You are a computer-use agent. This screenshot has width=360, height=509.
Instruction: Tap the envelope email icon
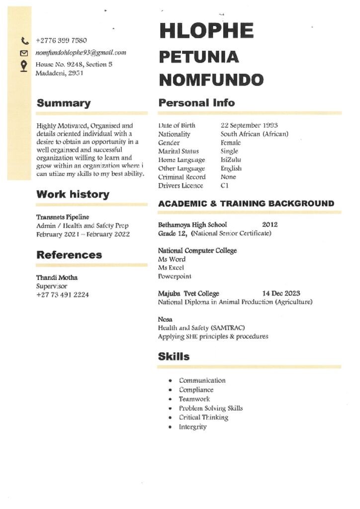(x=24, y=53)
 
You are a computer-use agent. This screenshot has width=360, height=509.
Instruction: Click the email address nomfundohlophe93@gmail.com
(x=81, y=53)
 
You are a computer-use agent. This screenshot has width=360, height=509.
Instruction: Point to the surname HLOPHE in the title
(x=206, y=31)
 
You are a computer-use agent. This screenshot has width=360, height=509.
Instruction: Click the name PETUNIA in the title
(x=198, y=57)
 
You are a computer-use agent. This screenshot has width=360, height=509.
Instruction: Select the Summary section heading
(x=64, y=103)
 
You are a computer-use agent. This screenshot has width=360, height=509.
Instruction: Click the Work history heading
(x=73, y=194)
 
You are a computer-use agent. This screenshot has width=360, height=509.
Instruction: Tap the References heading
(x=69, y=255)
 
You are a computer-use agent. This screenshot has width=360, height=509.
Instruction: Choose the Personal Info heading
(x=196, y=103)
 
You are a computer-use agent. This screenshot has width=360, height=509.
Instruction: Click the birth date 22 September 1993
(x=249, y=126)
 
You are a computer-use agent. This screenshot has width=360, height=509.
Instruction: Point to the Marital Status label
(x=178, y=151)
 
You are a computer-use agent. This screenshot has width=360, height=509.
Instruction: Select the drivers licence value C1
(x=225, y=186)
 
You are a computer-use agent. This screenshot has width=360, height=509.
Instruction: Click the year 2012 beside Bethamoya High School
(x=270, y=225)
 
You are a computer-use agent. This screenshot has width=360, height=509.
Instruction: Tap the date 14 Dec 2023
(x=281, y=293)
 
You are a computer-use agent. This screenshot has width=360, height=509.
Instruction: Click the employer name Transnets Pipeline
(x=63, y=217)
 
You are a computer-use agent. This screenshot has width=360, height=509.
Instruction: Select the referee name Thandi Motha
(x=57, y=277)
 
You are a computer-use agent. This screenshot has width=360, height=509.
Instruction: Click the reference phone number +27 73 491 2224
(x=63, y=295)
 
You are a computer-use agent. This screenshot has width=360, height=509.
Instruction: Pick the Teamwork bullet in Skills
(x=194, y=399)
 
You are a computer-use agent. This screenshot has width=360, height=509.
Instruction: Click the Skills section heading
(x=174, y=356)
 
